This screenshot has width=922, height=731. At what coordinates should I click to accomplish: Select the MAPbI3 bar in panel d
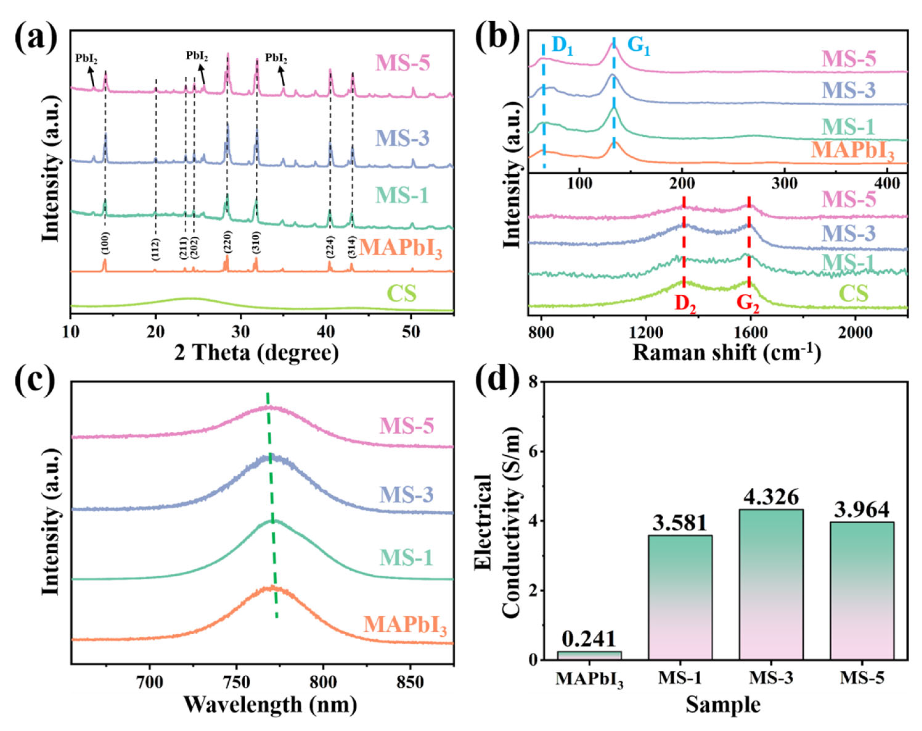point(589,655)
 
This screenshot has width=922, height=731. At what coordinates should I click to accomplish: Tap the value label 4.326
point(771,497)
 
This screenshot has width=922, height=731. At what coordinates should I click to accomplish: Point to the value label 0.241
point(589,639)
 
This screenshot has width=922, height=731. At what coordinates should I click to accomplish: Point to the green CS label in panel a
point(401,294)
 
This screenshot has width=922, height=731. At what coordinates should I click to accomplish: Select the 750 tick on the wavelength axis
point(236,682)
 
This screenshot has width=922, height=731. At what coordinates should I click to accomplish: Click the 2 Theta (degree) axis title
point(256,353)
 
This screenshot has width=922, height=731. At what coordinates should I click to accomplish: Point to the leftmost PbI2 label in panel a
point(86,58)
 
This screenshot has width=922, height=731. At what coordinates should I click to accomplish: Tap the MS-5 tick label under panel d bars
point(862,678)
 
